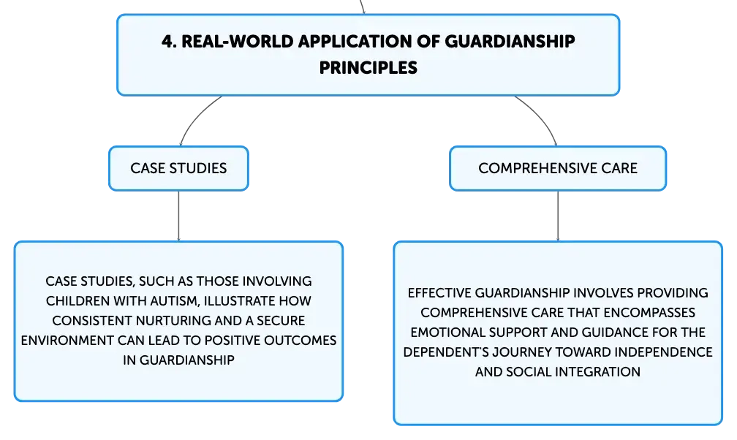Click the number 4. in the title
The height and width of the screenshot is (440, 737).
pyautogui.click(x=169, y=42)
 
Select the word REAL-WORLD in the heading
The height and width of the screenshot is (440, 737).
pyautogui.click(x=238, y=42)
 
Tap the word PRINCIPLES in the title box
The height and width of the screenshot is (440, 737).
pyautogui.click(x=368, y=68)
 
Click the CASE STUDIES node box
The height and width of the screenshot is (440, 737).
pyautogui.click(x=178, y=168)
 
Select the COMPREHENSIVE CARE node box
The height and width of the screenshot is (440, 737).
pyautogui.click(x=558, y=168)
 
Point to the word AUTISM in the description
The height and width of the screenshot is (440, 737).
pyautogui.click(x=175, y=301)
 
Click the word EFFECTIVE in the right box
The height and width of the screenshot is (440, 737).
pyautogui.click(x=439, y=293)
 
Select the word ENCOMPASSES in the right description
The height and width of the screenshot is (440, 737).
pyautogui.click(x=649, y=313)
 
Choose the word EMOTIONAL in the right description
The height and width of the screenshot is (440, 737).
pyautogui.click(x=447, y=333)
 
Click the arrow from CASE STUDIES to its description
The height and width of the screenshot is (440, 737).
pyautogui.click(x=178, y=216)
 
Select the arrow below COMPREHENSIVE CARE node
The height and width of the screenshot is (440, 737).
pyautogui.click(x=558, y=216)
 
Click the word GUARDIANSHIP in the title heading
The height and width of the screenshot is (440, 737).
pyautogui.click(x=510, y=42)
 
